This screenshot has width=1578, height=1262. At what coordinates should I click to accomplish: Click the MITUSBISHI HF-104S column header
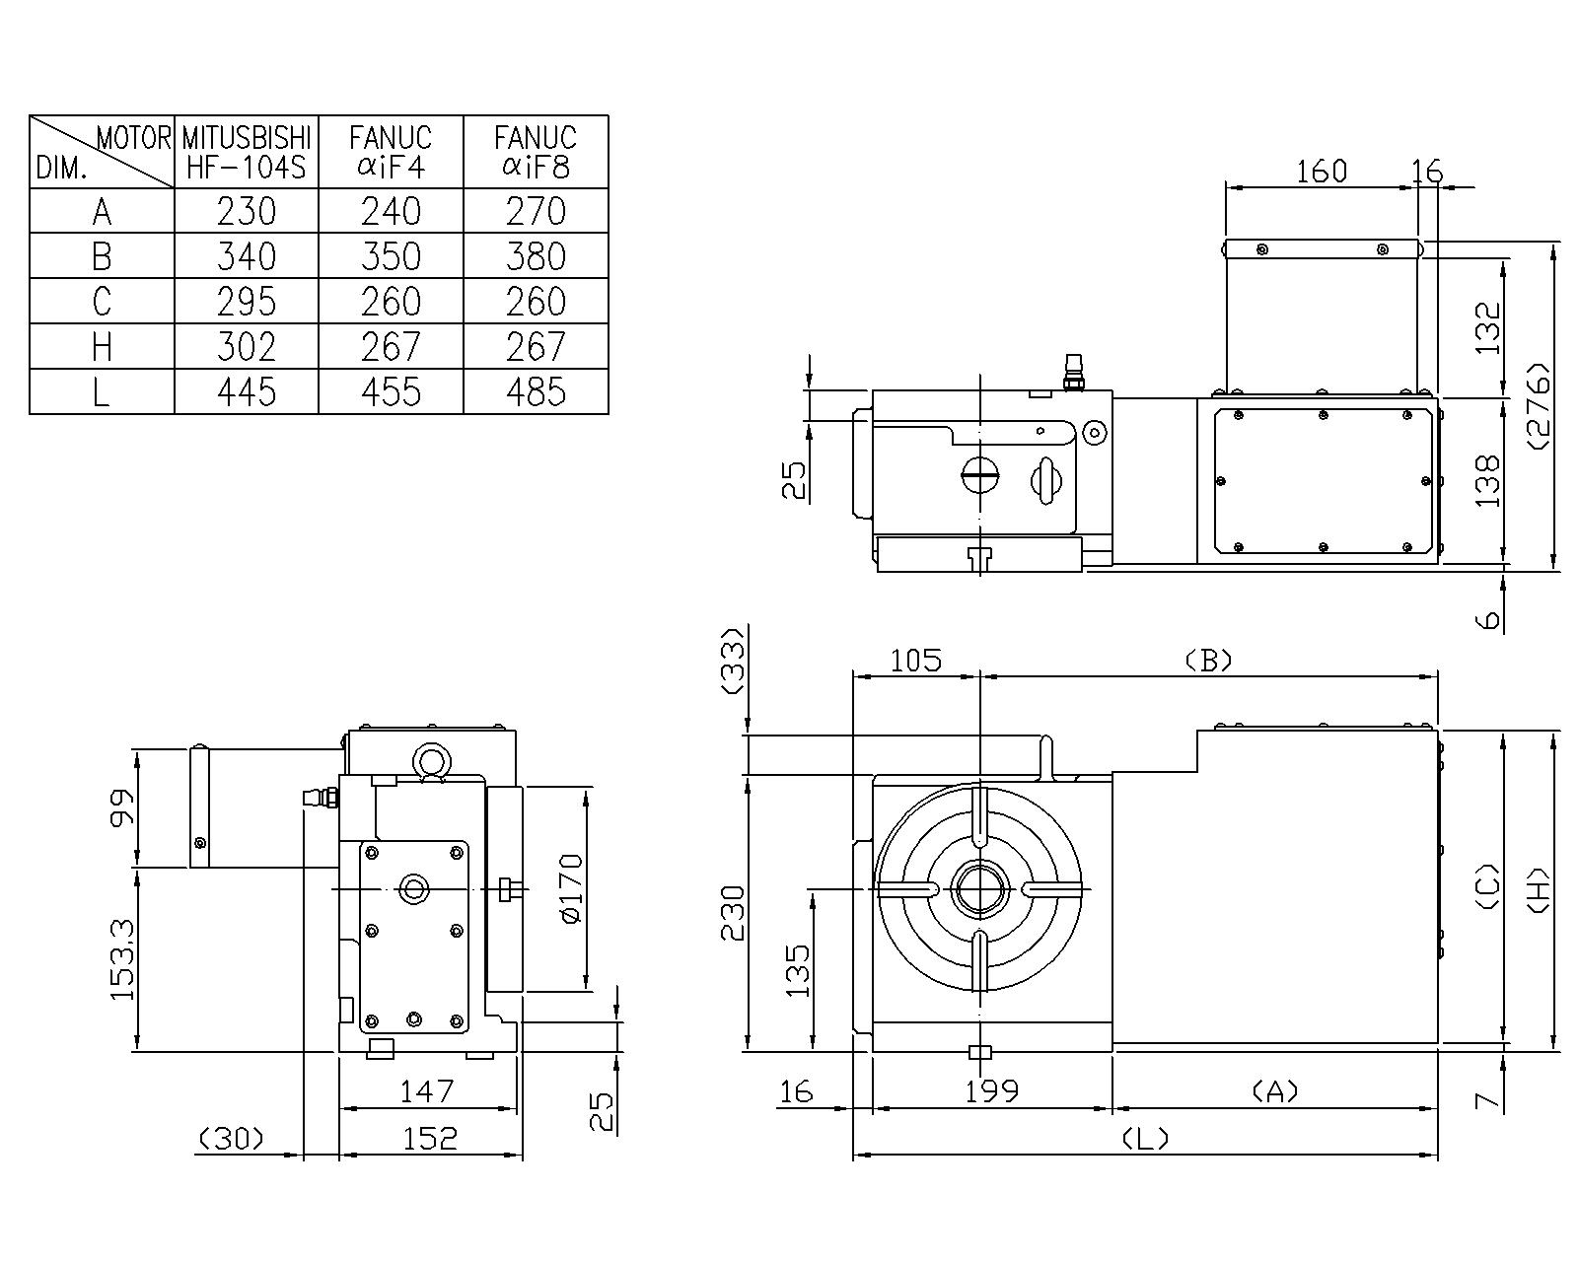[x=247, y=152]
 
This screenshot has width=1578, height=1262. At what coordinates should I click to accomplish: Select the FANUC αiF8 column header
[x=536, y=152]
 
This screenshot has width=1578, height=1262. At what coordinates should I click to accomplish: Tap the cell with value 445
[x=247, y=392]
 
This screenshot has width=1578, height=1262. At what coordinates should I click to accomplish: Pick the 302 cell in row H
[x=247, y=347]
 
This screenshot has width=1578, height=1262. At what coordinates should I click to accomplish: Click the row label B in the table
[x=102, y=256]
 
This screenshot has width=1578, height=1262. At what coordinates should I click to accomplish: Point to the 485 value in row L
[x=536, y=392]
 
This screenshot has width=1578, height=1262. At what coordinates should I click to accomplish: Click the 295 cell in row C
[x=247, y=302]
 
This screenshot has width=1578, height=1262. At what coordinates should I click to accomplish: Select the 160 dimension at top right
[x=1321, y=172]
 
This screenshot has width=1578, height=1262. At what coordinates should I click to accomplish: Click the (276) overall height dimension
[x=1537, y=407]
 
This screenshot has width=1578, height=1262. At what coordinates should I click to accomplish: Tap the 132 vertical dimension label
[x=1487, y=327]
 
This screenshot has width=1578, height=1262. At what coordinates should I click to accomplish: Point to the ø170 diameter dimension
[x=571, y=887]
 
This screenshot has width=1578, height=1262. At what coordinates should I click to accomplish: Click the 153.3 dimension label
[x=122, y=959]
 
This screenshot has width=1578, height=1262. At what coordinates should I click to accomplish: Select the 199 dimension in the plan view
[x=992, y=1091]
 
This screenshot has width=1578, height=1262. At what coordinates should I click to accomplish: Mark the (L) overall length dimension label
[x=1146, y=1139]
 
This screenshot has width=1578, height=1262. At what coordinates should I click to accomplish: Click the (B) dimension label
[x=1208, y=660]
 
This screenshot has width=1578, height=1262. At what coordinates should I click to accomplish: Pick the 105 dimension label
[x=916, y=660]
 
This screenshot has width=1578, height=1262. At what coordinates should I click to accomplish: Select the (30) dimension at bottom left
[x=232, y=1139]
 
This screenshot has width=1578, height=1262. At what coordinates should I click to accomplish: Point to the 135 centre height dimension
[x=798, y=970]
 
